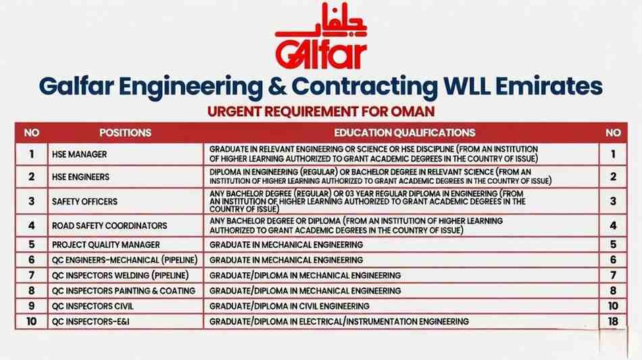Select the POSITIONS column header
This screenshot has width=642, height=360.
coord(125,133)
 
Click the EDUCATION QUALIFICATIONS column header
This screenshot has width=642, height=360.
coord(404,133)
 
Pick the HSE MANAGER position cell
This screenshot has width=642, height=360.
coord(79,155)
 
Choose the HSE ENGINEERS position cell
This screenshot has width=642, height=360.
coord(80,178)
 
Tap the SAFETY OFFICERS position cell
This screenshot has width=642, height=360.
coord(84,201)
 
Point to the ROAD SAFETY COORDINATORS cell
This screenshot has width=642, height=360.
coord(109,226)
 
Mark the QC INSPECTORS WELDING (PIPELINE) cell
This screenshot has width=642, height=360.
coord(119,276)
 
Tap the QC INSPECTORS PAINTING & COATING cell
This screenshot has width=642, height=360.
coord(123,291)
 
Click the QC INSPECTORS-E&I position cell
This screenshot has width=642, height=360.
coord(90,322)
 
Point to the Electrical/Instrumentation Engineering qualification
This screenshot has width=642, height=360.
coord(339,322)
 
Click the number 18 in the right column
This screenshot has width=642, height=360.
coord(613,322)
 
